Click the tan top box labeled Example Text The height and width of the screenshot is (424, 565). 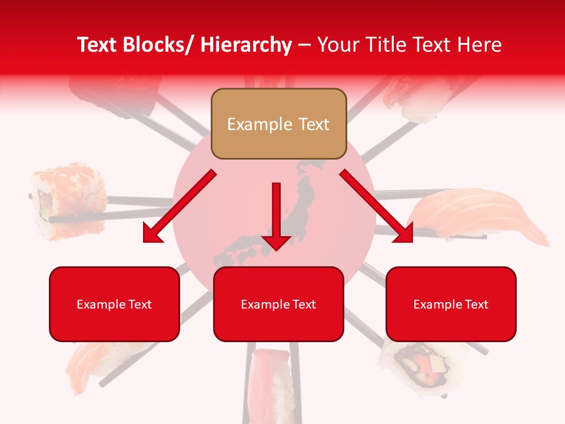coord(278,124)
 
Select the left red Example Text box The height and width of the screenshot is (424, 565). coord(114,304)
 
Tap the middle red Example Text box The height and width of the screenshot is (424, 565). coord(278,304)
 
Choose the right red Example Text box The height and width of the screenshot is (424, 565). coord(451,304)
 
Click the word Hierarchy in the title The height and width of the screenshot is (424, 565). coord(246,45)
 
